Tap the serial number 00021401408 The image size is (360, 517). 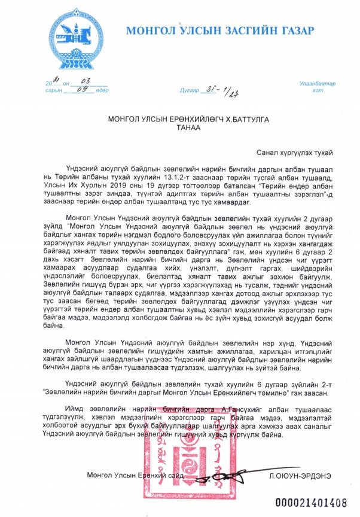coord(310,501)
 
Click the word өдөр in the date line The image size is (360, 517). coord(101,91)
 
